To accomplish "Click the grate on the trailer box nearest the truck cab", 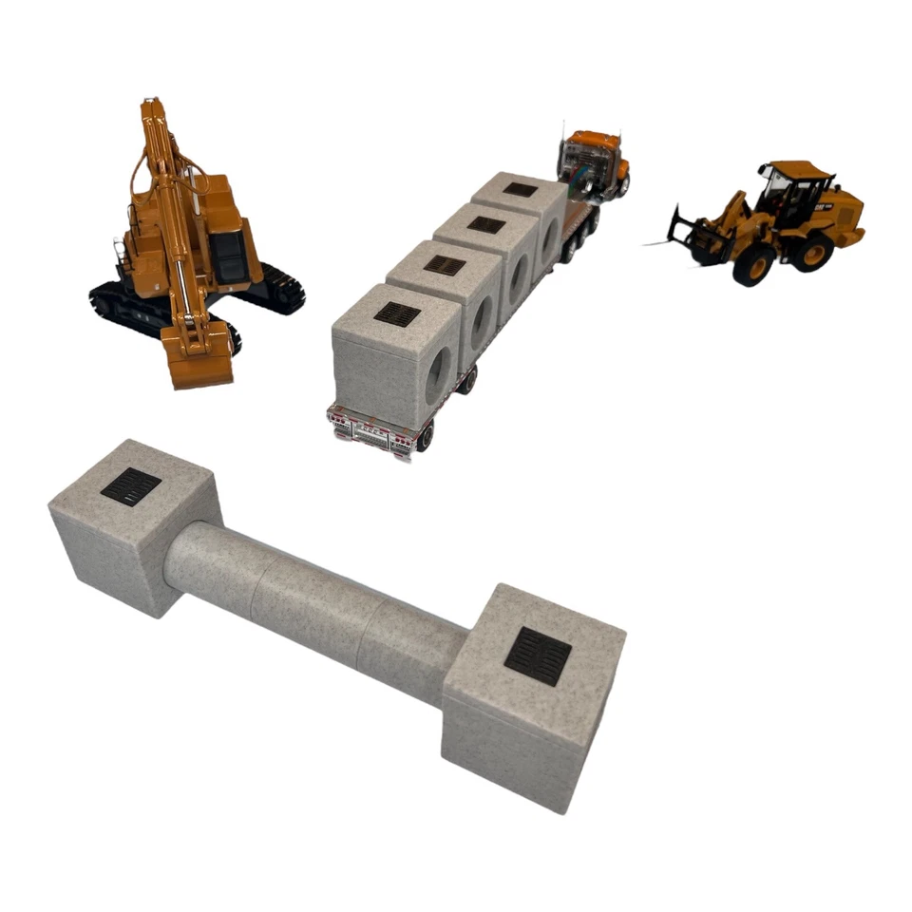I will point(520,189).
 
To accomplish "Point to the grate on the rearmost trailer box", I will point(397,313).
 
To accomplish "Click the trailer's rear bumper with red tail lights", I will point(371,431).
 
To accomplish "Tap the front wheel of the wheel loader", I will point(752,266).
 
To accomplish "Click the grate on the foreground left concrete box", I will point(131,485).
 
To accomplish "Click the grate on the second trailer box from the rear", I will point(444,265).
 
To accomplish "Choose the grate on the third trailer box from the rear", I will point(485,225).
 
